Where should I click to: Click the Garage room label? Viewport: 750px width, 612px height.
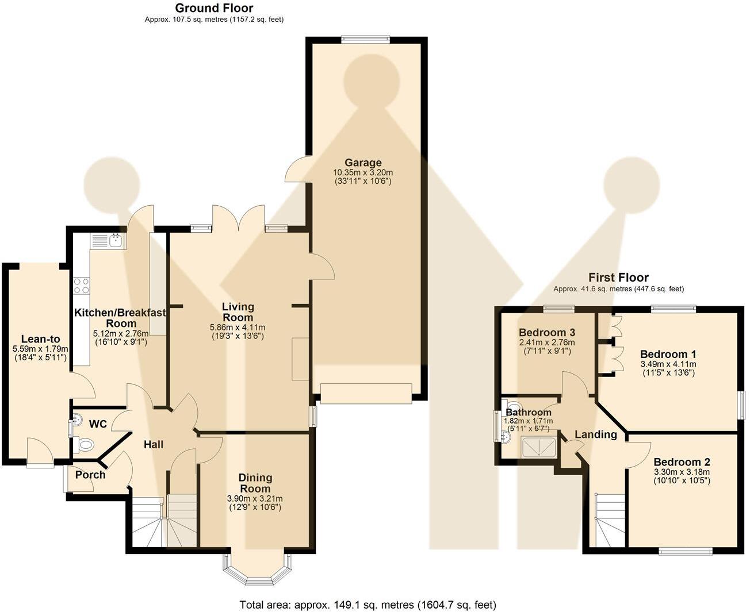coord(363,163)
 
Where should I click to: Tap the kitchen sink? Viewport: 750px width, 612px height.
coord(108,240)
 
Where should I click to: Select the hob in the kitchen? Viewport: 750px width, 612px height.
coord(81,286)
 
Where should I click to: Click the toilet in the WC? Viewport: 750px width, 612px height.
coord(85,444)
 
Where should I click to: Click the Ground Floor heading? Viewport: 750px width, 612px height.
coord(214,8)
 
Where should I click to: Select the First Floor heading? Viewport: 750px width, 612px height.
coord(618,278)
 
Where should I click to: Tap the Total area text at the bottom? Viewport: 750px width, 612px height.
coord(368,605)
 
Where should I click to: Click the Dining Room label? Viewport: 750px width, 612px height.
coord(255,483)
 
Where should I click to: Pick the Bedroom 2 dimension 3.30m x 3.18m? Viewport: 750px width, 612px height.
coord(682,472)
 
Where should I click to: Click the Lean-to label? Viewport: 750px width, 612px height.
coord(40,339)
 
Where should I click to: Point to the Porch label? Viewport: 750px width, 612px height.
coord(90,475)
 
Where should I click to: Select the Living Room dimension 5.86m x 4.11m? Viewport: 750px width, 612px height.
coord(238,328)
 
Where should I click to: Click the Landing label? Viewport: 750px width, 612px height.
coord(596,434)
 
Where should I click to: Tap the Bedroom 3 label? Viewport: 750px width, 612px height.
coord(546,332)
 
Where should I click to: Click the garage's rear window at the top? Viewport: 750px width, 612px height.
coord(365,40)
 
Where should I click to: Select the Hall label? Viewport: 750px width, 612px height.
coord(154,444)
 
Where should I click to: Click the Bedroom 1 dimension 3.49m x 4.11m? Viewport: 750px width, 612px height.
coord(668,364)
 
